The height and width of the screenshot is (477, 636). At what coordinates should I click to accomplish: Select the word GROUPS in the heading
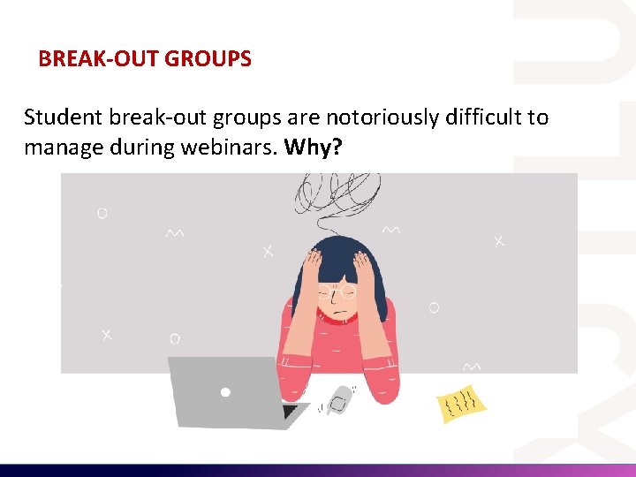tap(208, 59)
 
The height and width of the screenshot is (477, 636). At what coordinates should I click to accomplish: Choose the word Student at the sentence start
tap(59, 117)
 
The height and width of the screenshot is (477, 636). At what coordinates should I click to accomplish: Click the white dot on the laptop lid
tap(225, 391)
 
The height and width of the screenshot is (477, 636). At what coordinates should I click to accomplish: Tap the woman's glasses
tap(337, 291)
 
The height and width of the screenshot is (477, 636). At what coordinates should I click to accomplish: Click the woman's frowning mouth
tap(337, 314)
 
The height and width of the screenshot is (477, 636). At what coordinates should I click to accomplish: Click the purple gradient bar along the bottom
tap(318, 470)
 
